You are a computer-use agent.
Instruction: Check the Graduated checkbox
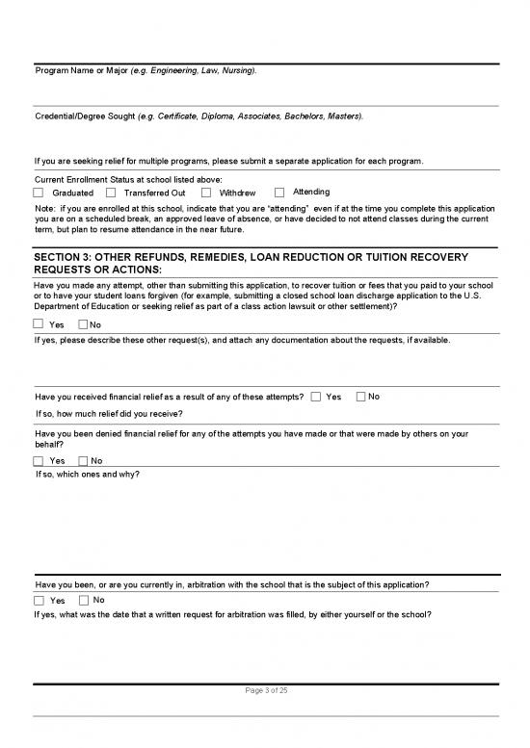39,193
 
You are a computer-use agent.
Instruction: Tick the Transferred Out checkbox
114,193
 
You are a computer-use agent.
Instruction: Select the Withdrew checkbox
207,193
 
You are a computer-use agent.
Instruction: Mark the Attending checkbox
279,193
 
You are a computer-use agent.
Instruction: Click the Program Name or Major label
146,71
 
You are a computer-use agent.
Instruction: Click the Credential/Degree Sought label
199,116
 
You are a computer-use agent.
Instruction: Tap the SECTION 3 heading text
251,264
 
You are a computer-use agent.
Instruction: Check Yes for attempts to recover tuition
39,324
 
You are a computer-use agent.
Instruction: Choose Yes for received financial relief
316,397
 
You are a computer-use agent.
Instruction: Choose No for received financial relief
360,397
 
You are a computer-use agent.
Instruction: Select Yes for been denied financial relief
39,460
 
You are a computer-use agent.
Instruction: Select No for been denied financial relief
84,460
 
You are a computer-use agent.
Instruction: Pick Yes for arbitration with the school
39,601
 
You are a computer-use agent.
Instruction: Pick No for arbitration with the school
84,601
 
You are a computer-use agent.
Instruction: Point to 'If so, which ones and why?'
87,475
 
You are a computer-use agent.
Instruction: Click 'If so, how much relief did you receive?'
109,413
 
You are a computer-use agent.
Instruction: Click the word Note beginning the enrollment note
43,208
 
